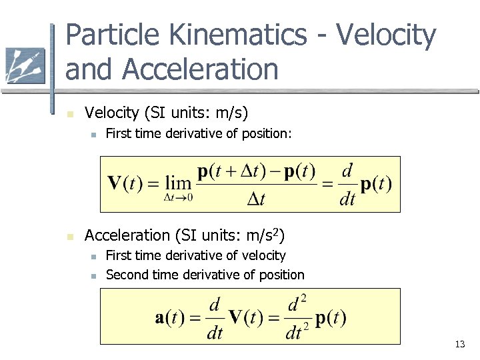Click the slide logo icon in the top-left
tap(25, 65)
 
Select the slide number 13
tap(459, 345)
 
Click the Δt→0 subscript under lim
tap(178, 197)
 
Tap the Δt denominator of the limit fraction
tap(256, 198)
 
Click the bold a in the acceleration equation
tap(160, 317)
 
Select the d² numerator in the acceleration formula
tap(297, 305)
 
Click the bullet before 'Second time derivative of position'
tap(94, 276)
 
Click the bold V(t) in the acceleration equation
tap(247, 317)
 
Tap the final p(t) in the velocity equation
tap(376, 184)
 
